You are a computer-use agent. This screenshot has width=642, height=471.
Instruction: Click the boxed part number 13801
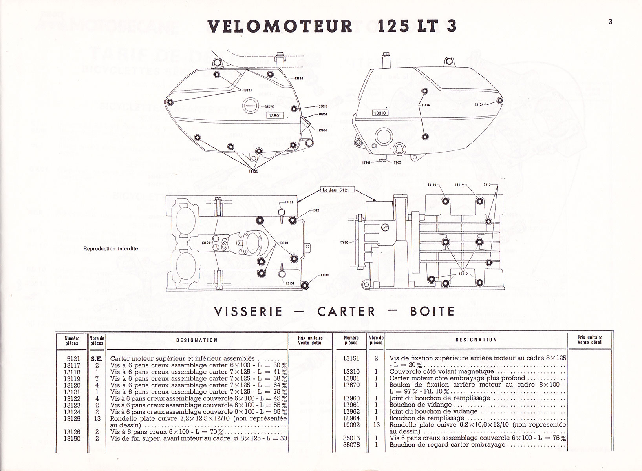274,116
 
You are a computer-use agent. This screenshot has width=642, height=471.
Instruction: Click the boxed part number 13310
380,113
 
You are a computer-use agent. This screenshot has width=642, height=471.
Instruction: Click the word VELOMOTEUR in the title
280,26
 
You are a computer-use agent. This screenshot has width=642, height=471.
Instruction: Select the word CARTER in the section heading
346,311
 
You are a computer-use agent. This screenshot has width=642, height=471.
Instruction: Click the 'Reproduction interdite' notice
111,249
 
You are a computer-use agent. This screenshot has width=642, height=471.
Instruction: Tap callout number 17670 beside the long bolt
344,243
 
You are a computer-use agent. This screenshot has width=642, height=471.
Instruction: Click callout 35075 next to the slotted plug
269,106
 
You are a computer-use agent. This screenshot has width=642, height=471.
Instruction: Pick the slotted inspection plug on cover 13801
250,105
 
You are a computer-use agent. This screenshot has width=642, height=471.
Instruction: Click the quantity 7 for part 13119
97,379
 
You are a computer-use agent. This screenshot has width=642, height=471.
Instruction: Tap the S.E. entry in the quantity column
97,358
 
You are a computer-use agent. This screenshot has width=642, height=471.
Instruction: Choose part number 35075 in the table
351,445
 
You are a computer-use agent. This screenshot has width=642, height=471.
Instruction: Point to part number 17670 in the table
351,385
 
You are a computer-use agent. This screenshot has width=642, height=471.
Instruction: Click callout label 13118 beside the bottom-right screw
324,275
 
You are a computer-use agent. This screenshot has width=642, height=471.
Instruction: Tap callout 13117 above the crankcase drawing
487,185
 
